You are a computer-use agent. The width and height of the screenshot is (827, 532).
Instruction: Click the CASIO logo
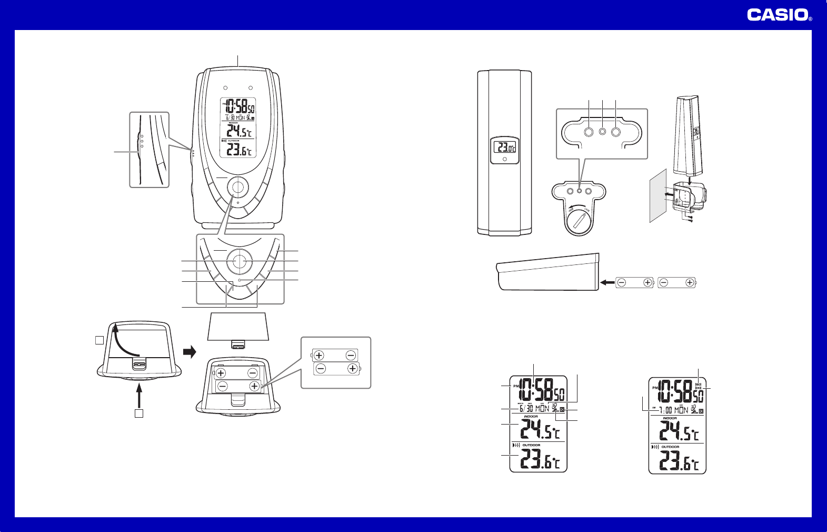pos(778,15)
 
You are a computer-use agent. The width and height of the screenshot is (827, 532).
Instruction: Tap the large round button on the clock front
pos(238,187)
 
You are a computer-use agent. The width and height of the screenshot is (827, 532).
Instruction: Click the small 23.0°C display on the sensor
pos(504,147)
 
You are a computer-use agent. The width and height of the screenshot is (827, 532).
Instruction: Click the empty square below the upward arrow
pos(138,413)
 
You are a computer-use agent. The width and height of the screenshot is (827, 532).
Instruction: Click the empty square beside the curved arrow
pos(99,340)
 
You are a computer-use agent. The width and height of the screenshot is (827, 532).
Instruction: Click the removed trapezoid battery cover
pos(238,327)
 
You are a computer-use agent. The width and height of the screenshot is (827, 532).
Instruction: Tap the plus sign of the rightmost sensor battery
pos(690,283)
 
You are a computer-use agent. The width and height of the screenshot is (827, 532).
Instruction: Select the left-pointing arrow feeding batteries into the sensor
pos(607,283)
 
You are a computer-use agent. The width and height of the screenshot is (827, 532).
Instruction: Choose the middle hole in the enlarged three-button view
pos(602,131)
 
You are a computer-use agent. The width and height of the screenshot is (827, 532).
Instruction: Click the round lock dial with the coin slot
pos(580,221)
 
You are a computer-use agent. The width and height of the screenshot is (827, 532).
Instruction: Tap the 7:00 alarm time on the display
pos(665,410)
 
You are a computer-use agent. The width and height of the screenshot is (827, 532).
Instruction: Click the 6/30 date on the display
pos(526,409)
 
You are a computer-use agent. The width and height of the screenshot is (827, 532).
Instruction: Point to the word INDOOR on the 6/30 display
pos(531,417)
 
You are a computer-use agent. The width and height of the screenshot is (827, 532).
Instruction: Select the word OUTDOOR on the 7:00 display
pos(670,447)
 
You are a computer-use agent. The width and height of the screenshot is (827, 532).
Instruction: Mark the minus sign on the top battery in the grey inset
pos(351,356)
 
